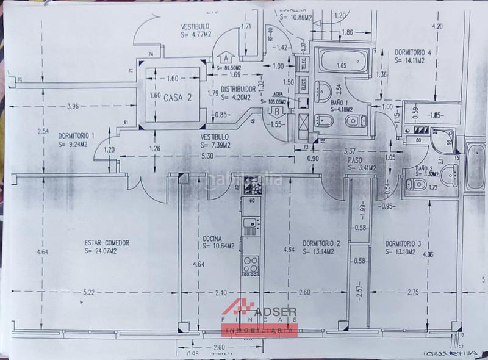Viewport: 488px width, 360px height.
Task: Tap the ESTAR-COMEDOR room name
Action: [x=107, y=242]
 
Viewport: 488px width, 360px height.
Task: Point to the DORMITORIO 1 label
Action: [x=77, y=135]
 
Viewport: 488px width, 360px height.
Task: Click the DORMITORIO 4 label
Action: [x=413, y=52]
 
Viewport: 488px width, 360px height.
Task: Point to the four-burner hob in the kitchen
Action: [x=250, y=265]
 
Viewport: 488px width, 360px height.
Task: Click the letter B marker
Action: [x=276, y=112]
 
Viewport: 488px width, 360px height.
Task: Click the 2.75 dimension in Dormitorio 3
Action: [x=415, y=293]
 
